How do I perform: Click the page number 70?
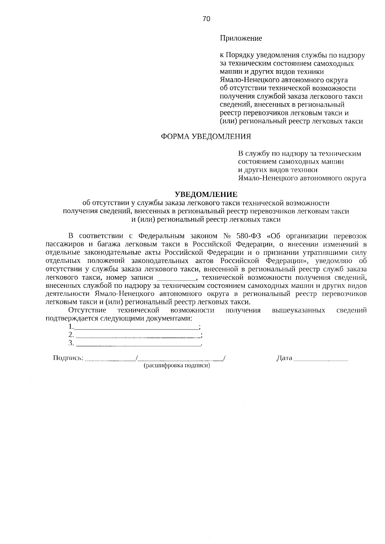click(206, 19)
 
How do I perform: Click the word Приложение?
click(241, 38)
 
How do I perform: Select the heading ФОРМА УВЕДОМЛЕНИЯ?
click(206, 137)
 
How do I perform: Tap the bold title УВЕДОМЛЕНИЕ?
click(206, 195)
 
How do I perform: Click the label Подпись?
click(68, 358)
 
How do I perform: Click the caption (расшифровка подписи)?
click(177, 365)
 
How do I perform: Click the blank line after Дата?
click(321, 360)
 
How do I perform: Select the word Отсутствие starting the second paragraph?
click(87, 310)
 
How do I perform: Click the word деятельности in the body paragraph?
click(67, 294)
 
